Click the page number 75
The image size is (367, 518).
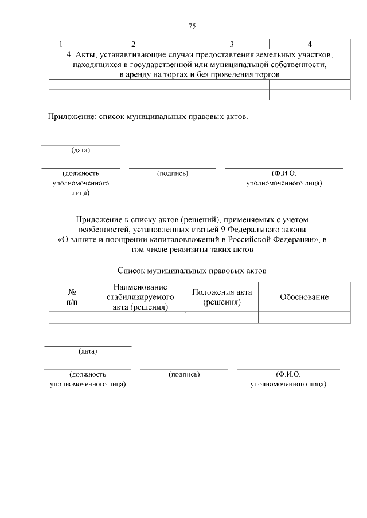[x=192, y=26]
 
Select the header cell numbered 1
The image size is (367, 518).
[x=61, y=44]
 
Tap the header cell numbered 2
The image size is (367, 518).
[x=133, y=44]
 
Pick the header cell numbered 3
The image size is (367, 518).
[x=231, y=44]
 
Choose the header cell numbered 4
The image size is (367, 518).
[x=310, y=44]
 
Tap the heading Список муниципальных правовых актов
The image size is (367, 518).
[x=192, y=270]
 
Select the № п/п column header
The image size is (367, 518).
[x=72, y=296]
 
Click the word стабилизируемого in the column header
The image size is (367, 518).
[x=140, y=297]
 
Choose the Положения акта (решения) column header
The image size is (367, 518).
[x=221, y=296]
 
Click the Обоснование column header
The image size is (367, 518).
[x=304, y=297]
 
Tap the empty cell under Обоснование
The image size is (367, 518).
[x=304, y=318]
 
